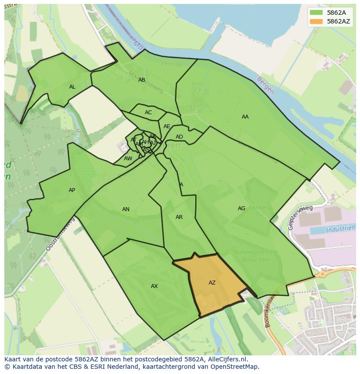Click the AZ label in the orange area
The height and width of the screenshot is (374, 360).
pyautogui.click(x=212, y=283)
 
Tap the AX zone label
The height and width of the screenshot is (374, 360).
pyautogui.click(x=154, y=286)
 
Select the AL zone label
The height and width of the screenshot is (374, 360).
pyautogui.click(x=72, y=87)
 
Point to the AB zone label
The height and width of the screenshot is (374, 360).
pyautogui.click(x=142, y=80)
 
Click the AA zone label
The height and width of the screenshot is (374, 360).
pyautogui.click(x=245, y=117)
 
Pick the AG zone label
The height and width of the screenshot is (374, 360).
pyautogui.click(x=241, y=209)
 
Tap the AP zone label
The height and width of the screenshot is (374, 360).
pyautogui.click(x=72, y=190)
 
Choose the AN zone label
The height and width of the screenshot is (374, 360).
pyautogui.click(x=126, y=209)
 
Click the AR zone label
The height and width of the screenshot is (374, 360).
pyautogui.click(x=179, y=217)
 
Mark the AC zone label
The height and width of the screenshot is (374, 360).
pyautogui.click(x=148, y=113)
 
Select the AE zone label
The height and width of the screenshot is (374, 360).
pyautogui.click(x=167, y=126)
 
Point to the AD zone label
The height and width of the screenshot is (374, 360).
pyautogui.click(x=179, y=137)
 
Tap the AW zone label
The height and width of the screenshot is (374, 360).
pyautogui.click(x=128, y=159)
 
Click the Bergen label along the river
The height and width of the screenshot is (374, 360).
pyautogui.click(x=266, y=86)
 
